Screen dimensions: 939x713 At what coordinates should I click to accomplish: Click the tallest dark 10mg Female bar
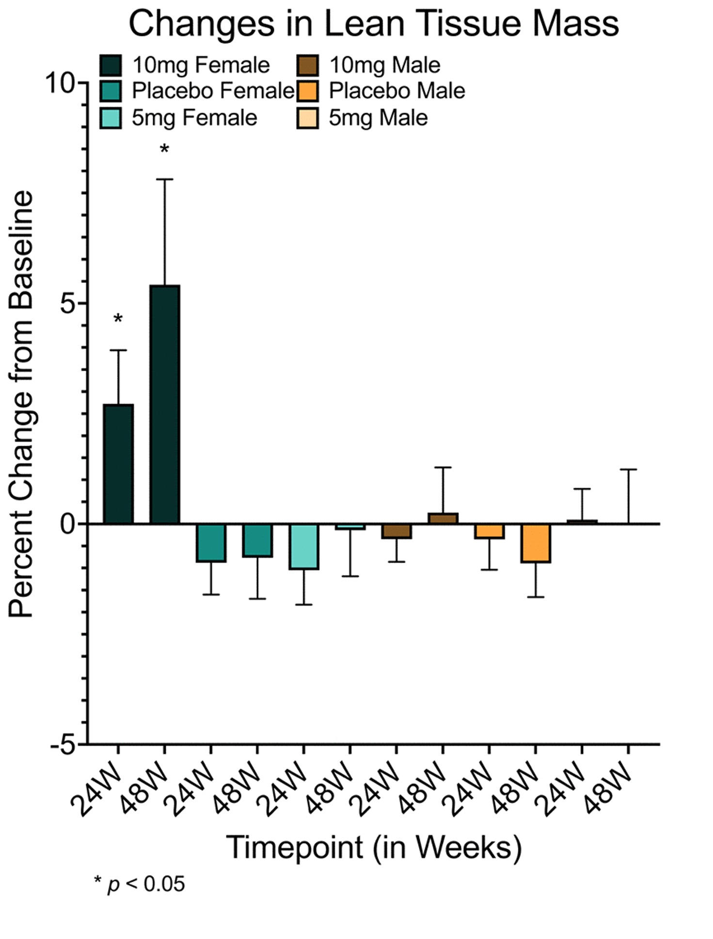point(164,404)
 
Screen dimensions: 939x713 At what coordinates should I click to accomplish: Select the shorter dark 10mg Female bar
point(118,464)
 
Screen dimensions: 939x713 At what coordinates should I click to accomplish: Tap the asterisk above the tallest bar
point(164,149)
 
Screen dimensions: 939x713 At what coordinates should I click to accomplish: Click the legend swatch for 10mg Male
point(307,65)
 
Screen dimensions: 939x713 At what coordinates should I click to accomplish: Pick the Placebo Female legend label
point(213,91)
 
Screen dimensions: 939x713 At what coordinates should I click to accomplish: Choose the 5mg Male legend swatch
point(307,118)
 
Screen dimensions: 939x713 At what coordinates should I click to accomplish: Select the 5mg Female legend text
point(194,118)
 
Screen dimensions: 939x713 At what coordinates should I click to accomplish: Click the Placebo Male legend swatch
point(307,91)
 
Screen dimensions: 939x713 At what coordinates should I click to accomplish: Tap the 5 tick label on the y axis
point(68,304)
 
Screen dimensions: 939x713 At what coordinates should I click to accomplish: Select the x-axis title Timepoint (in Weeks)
point(374,847)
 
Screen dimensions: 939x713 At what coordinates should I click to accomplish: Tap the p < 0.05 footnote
point(140,884)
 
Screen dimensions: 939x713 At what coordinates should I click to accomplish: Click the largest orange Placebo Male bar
point(535,543)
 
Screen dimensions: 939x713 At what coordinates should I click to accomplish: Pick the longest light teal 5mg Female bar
point(304,547)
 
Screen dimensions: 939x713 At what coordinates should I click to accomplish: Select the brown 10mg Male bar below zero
point(396,531)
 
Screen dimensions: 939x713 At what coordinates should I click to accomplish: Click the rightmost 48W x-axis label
point(608,790)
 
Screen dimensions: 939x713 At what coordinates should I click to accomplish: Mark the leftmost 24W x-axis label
point(97,790)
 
